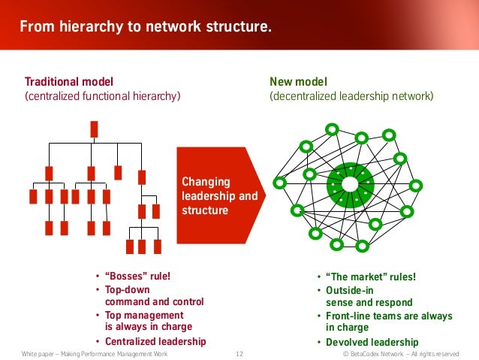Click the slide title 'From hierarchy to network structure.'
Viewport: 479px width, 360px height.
(144, 28)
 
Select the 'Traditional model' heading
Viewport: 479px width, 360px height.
(70, 81)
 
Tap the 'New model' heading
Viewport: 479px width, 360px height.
(298, 81)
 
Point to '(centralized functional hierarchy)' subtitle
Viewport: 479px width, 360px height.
(103, 96)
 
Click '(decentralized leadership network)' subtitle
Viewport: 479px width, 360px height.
(351, 96)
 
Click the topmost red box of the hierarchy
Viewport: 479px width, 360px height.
(94, 129)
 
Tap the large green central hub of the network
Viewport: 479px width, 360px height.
(350, 184)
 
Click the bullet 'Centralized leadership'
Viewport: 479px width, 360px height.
(155, 341)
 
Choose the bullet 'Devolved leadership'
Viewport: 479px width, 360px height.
(370, 342)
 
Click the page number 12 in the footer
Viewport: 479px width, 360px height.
(239, 353)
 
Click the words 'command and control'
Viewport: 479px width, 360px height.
(154, 301)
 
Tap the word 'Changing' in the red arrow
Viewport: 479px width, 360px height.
(206, 181)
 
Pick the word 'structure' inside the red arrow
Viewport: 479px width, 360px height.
(205, 210)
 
